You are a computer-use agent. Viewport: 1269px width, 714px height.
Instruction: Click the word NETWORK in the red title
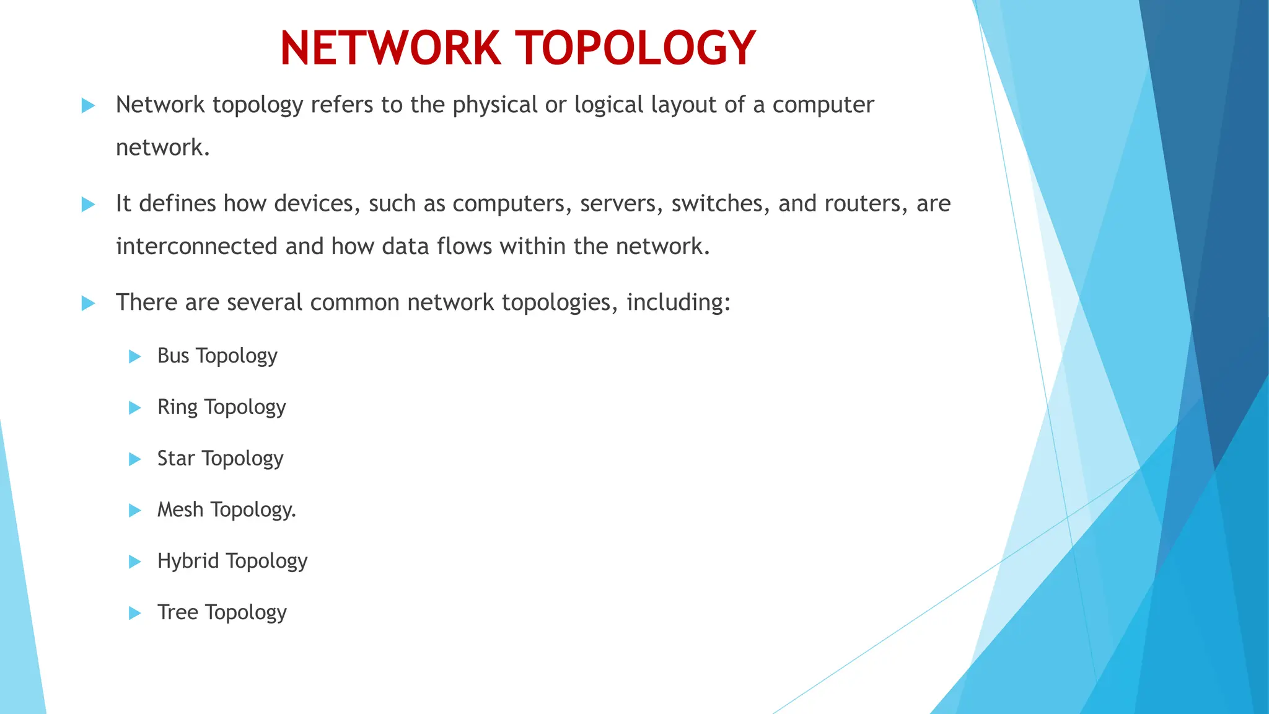[x=390, y=48]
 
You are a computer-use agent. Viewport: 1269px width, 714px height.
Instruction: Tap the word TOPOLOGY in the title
[x=636, y=48]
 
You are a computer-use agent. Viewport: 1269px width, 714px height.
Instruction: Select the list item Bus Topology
[x=217, y=356]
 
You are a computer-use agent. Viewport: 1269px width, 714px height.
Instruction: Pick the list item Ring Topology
[x=221, y=407]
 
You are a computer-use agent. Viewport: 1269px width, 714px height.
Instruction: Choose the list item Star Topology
[x=220, y=459]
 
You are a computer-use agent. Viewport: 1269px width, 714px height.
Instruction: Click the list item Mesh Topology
[x=226, y=509]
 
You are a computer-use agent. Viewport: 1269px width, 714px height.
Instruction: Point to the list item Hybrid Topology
[x=232, y=561]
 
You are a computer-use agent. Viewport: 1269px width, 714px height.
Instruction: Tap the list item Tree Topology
[x=222, y=612]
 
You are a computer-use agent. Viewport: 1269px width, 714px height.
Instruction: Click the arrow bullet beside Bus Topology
[x=134, y=356]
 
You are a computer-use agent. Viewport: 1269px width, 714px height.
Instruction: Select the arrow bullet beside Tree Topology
[x=134, y=614]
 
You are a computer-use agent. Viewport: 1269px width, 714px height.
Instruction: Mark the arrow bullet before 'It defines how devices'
[x=88, y=205]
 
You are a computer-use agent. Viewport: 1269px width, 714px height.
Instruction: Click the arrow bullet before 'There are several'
[x=88, y=304]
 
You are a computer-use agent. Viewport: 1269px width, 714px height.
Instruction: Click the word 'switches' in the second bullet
[x=721, y=203]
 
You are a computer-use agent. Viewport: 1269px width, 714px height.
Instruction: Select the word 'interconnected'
[x=196, y=246]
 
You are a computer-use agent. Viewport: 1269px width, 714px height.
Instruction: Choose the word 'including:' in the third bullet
[x=678, y=302]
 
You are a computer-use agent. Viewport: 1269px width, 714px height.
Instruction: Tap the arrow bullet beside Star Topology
[x=134, y=459]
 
